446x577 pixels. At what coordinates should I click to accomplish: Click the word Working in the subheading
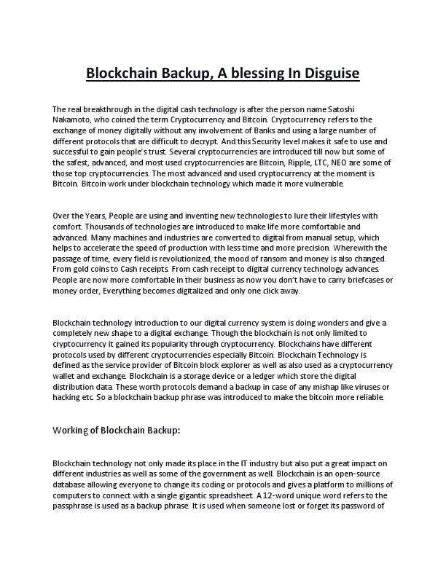point(72,431)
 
